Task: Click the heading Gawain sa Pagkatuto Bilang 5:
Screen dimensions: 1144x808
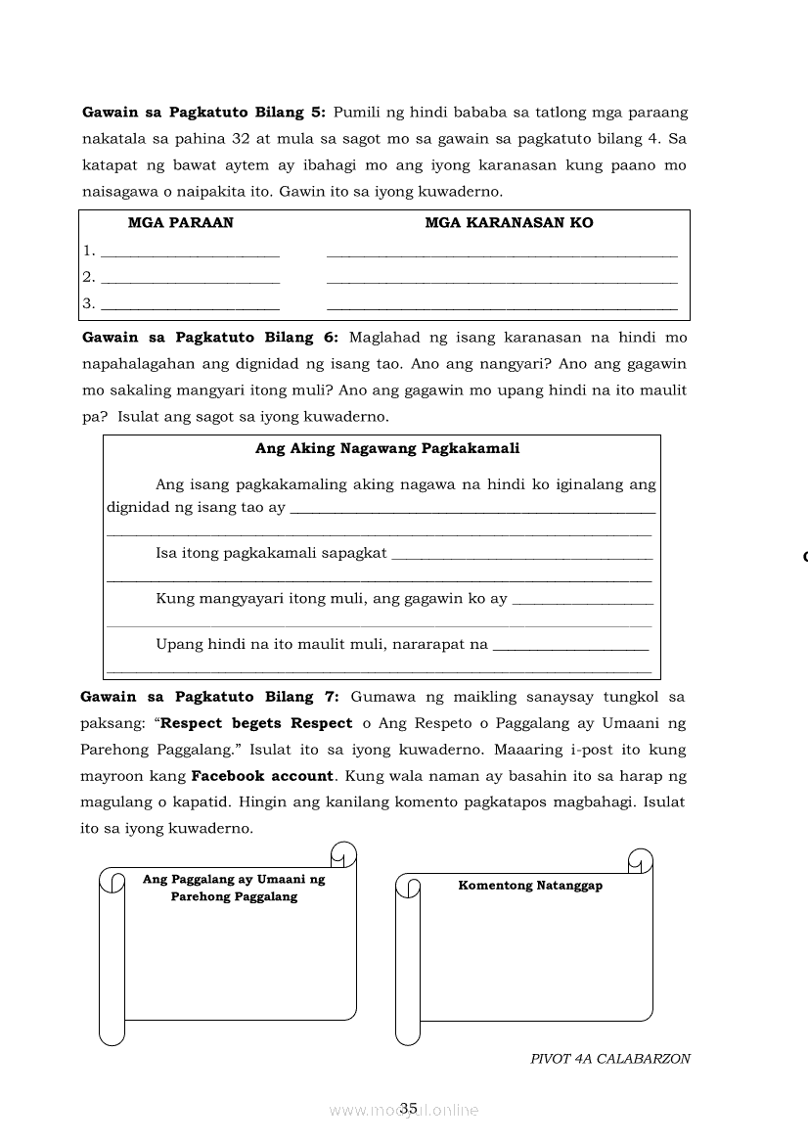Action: (203, 113)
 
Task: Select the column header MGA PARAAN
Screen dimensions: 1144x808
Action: (181, 223)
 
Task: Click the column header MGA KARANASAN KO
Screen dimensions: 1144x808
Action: (509, 223)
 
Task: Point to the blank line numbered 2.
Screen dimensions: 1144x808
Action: (190, 280)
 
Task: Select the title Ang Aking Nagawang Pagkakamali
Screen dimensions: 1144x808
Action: (387, 449)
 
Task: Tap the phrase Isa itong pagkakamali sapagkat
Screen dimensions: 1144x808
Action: (271, 553)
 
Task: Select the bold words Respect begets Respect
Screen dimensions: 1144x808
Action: (256, 723)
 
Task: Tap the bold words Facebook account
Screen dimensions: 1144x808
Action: (262, 776)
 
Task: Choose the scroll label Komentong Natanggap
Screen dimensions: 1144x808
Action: (530, 886)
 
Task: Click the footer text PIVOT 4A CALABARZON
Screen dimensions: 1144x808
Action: (610, 1058)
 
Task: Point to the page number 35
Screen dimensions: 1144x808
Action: (409, 1108)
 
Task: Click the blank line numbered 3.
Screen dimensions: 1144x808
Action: (190, 306)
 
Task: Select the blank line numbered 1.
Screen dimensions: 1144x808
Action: (190, 253)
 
